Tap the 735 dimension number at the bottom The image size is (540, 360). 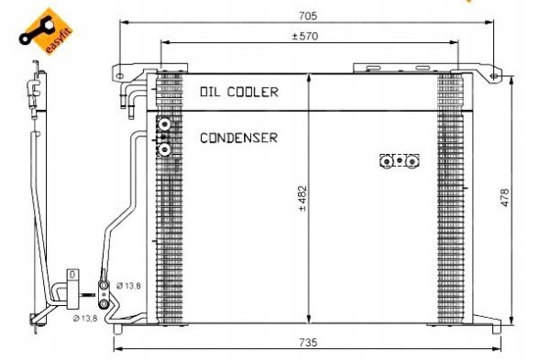click(x=308, y=343)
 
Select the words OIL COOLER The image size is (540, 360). click(x=238, y=92)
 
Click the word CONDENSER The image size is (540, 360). click(x=238, y=138)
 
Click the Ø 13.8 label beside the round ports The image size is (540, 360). click(x=128, y=287)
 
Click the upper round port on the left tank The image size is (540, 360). click(x=164, y=126)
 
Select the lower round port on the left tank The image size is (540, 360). click(x=164, y=148)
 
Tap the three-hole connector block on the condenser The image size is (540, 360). click(x=400, y=160)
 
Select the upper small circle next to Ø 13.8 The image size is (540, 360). click(x=105, y=287)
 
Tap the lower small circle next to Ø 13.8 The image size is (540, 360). click(x=105, y=304)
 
